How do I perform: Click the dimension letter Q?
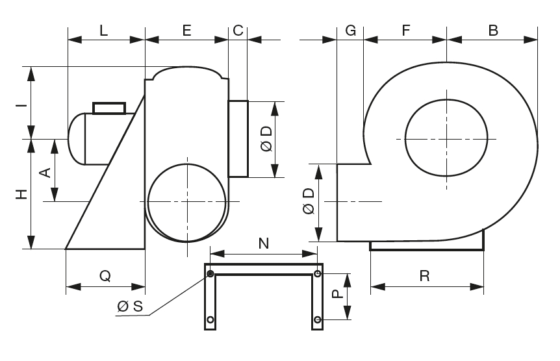click(x=105, y=275)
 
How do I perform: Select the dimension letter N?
click(x=263, y=243)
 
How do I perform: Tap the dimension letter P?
click(x=336, y=294)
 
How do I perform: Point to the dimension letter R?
click(x=424, y=275)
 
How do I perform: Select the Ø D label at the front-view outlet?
click(x=309, y=202)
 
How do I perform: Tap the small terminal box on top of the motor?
click(x=109, y=108)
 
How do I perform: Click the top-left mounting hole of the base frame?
click(x=210, y=273)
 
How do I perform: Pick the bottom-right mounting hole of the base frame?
click(x=317, y=319)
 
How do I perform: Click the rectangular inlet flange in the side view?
click(x=238, y=138)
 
